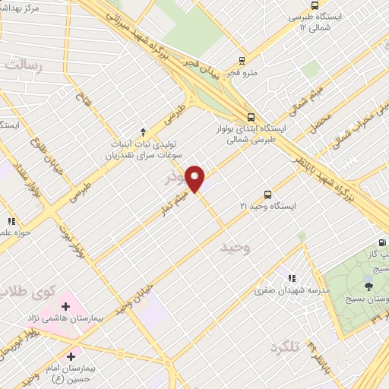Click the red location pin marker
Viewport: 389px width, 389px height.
tap(196, 179)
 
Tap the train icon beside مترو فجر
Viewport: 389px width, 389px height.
tap(242, 61)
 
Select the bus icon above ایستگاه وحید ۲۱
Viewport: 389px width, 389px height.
tap(267, 194)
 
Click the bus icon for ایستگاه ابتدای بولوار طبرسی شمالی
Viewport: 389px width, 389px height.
tap(251, 117)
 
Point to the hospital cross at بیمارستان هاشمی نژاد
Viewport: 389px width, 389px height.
tap(66, 306)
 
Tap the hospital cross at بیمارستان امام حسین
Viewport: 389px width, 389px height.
tap(71, 355)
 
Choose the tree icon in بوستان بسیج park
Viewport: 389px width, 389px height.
tap(368, 286)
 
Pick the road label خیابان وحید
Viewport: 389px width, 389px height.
tap(134, 297)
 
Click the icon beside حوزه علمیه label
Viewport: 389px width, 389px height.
tap(11, 221)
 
